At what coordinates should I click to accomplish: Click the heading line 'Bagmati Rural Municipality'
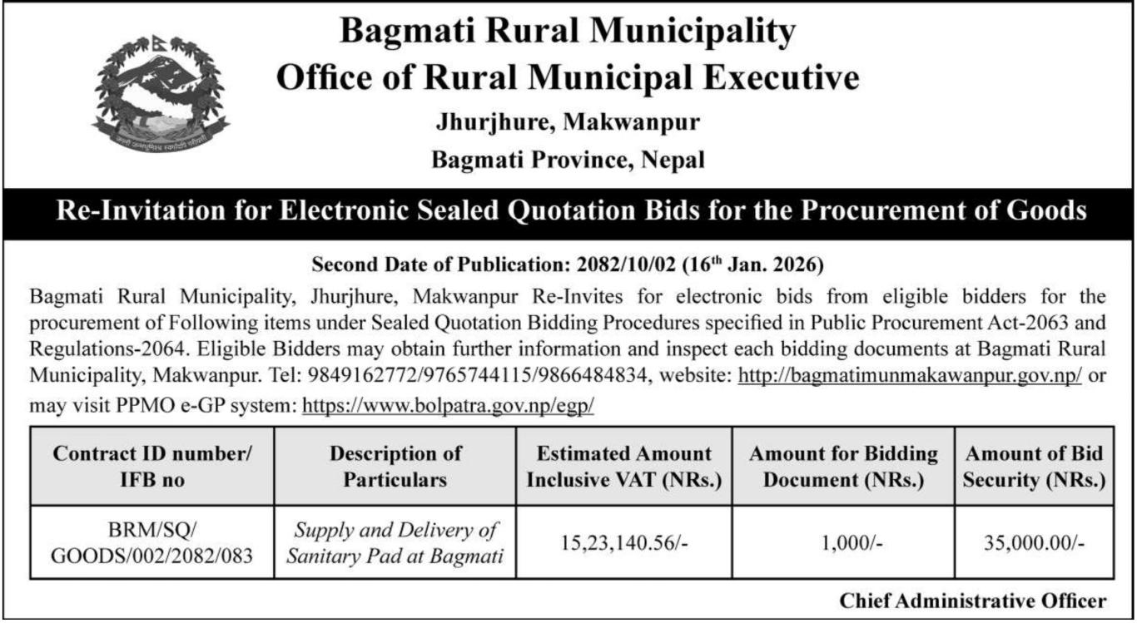pos(568,33)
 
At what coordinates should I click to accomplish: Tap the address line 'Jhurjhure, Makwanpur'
pos(568,123)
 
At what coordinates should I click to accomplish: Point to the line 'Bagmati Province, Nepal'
pos(568,160)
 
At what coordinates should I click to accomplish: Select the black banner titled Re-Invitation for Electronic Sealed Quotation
pos(568,210)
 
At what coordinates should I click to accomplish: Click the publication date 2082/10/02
pos(625,266)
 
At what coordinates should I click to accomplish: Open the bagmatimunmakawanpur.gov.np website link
pos(910,375)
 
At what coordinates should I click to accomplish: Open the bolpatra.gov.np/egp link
pos(447,405)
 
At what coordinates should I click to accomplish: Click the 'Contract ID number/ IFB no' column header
pos(151,466)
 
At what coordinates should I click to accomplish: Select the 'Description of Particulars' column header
pos(395,466)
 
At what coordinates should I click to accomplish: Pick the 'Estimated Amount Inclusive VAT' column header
pos(624,466)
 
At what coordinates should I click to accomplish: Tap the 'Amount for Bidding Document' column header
pos(843,466)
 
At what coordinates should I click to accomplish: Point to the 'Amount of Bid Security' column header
pos(1034,466)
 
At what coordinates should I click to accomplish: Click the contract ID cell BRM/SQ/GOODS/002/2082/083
pos(151,542)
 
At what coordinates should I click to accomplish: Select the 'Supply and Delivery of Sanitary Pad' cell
pos(395,542)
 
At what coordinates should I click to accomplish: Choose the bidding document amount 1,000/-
pos(843,543)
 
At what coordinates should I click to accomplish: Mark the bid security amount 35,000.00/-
pos(1034,543)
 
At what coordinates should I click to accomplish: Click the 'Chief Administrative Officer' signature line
pos(973,601)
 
